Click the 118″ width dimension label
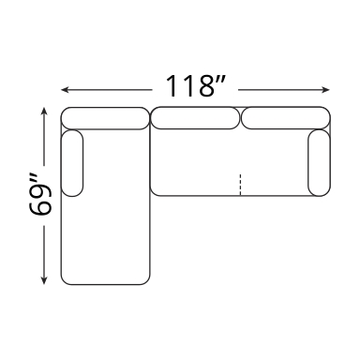(195, 85)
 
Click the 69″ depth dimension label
(40, 196)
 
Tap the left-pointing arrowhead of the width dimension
(65, 90)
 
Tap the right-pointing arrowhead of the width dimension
(325, 90)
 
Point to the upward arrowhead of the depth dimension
(44, 112)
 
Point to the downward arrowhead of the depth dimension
(44, 280)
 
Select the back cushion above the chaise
(105, 118)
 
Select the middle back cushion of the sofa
(195, 118)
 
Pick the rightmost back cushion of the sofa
(286, 118)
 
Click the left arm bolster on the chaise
(72, 163)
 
